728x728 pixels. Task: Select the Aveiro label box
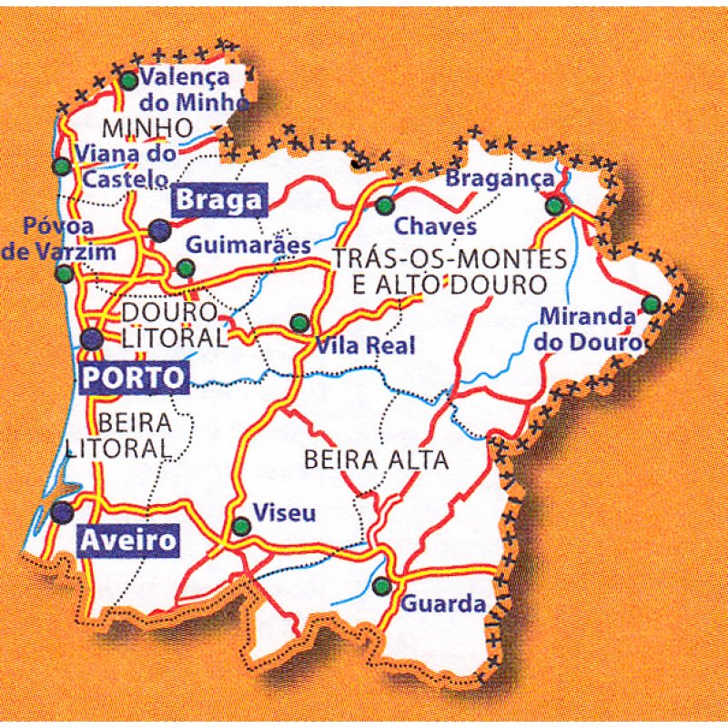pos(128,541)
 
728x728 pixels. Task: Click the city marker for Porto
pos(92,339)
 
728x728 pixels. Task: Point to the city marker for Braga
pos(160,230)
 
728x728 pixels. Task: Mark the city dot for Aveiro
pos(63,512)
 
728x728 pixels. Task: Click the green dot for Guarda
pos(383,584)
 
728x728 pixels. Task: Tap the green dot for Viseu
pos(241,526)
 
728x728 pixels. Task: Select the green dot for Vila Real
pos(299,322)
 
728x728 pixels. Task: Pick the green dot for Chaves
pos(385,205)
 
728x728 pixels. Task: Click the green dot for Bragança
pos(554,207)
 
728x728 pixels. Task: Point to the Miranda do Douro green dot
pos(652,304)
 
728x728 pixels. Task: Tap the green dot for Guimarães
pos(186,268)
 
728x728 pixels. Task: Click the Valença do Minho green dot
pos(129,80)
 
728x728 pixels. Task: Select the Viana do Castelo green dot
pos(61,167)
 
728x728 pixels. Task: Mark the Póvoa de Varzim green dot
pos(64,273)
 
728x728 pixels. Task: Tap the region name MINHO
pos(148,126)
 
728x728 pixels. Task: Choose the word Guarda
pos(443,603)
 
